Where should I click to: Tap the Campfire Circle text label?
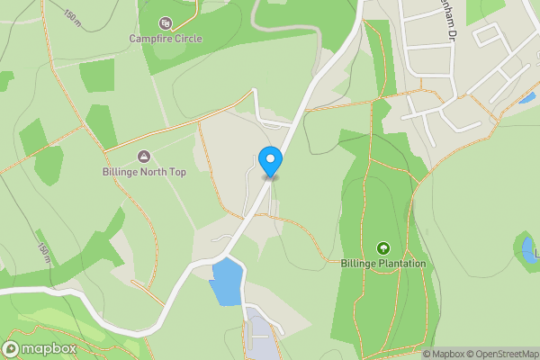pyautogui.click(x=166, y=39)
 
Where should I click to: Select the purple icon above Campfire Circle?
pyautogui.click(x=165, y=22)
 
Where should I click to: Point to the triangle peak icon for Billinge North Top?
pyautogui.click(x=144, y=157)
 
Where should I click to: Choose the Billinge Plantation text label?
pyautogui.click(x=383, y=264)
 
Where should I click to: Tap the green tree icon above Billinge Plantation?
pyautogui.click(x=383, y=247)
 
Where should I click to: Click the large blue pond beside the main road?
pyautogui.click(x=227, y=281)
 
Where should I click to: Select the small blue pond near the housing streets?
pyautogui.click(x=526, y=97)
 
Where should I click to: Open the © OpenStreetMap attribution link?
pyautogui.click(x=500, y=354)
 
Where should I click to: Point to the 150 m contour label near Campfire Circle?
pyautogui.click(x=72, y=18)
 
